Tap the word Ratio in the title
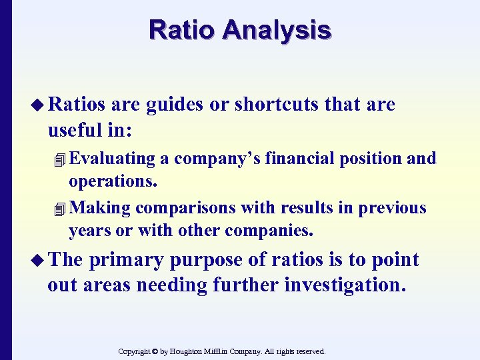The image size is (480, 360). pyautogui.click(x=184, y=30)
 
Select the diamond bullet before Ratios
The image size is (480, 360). pyautogui.click(x=39, y=105)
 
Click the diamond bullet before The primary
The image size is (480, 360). pyautogui.click(x=39, y=260)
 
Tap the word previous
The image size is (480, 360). pyautogui.click(x=393, y=208)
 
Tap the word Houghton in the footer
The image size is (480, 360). pyautogui.click(x=195, y=351)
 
